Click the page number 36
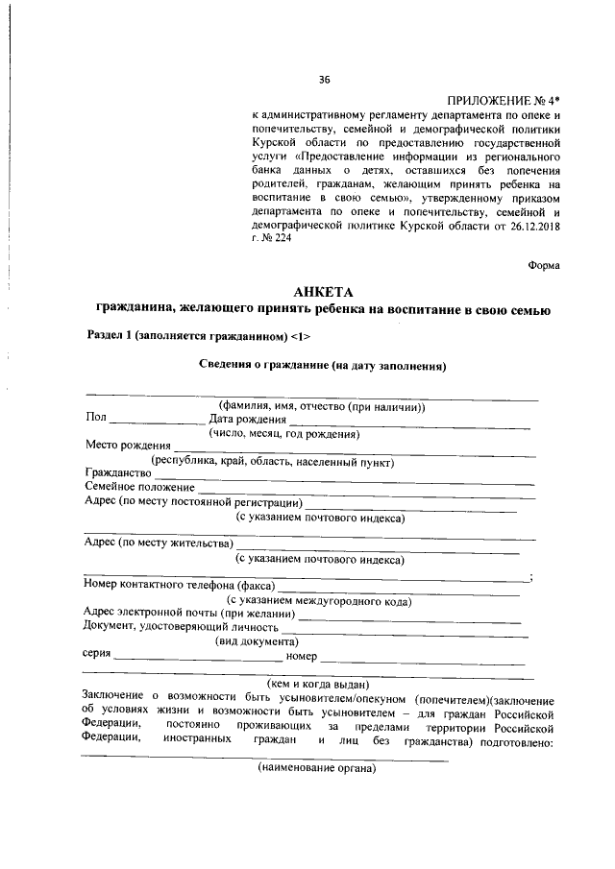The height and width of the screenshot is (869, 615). [x=324, y=80]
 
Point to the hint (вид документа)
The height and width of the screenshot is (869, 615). [x=257, y=641]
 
